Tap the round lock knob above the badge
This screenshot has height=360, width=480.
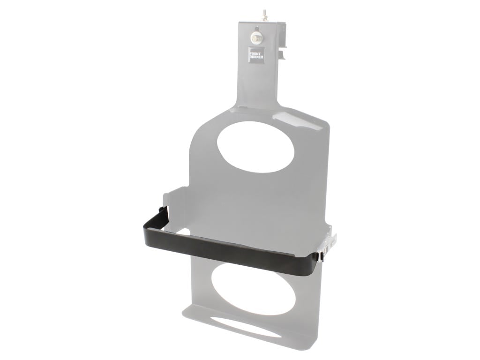256,37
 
